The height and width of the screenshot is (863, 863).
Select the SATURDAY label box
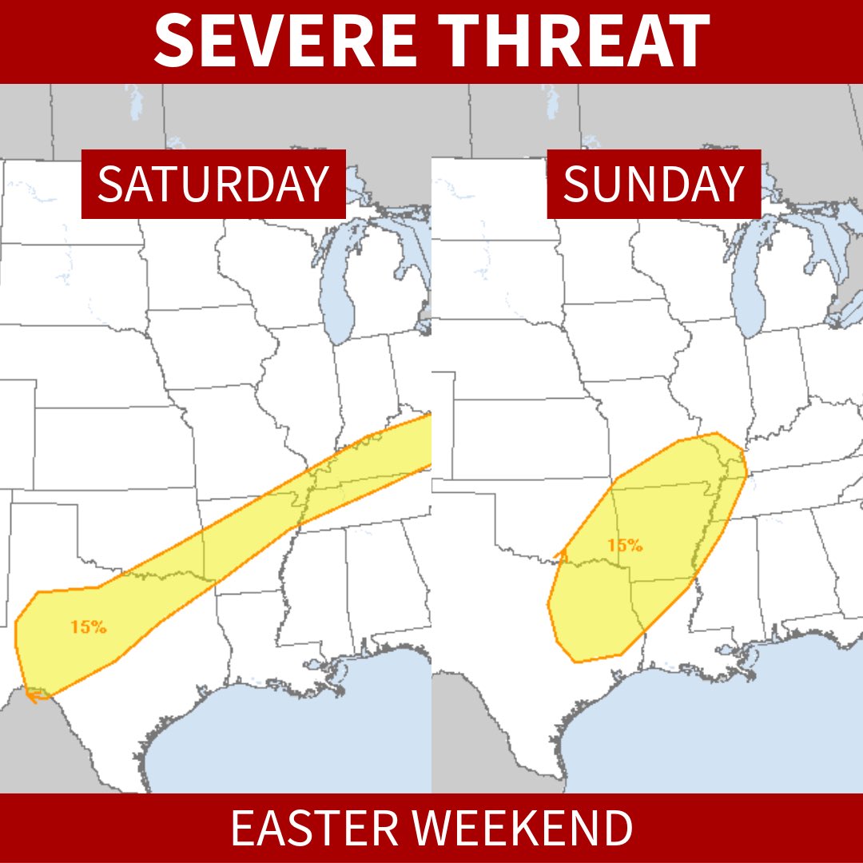click(x=213, y=184)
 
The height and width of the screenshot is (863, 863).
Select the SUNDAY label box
click(x=653, y=184)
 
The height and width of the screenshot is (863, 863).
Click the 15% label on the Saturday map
click(x=88, y=627)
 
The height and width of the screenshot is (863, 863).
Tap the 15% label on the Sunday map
click(x=624, y=546)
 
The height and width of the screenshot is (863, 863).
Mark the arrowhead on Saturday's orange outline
click(x=32, y=696)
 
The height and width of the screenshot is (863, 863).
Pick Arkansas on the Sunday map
click(x=663, y=531)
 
